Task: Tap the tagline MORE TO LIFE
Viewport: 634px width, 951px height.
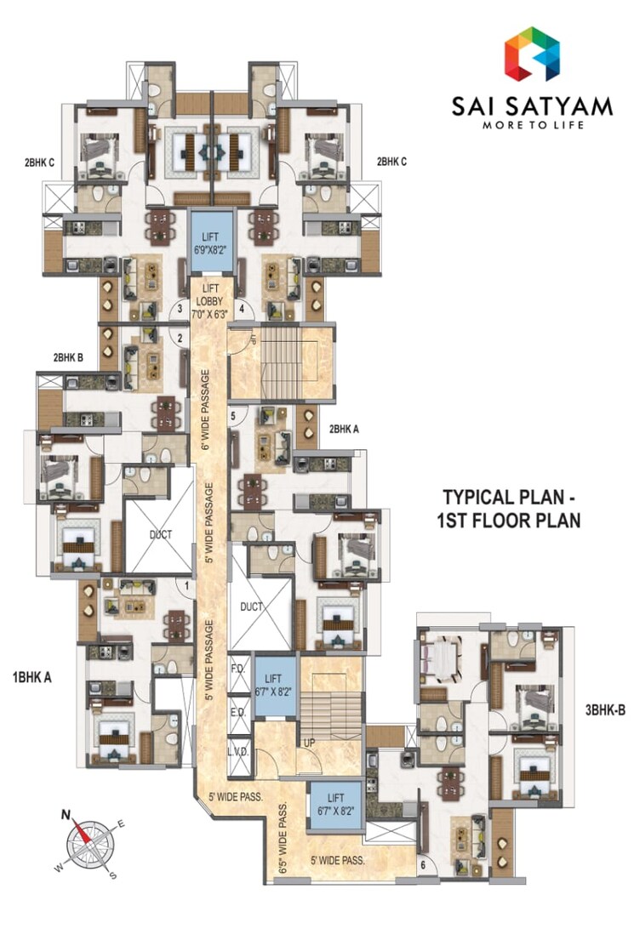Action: click(x=533, y=125)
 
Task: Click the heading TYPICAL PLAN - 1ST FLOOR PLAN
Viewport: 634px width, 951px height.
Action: click(x=511, y=508)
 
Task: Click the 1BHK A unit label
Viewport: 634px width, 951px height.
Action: click(x=32, y=678)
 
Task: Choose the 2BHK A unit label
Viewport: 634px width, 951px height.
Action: click(x=344, y=430)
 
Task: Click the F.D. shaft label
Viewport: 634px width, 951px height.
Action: click(x=237, y=669)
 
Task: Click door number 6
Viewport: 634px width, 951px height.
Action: click(x=423, y=866)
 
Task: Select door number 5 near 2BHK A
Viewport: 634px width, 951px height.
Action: click(x=233, y=416)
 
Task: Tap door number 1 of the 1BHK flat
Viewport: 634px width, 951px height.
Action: click(x=186, y=584)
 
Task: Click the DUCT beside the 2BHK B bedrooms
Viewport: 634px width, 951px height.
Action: click(x=159, y=534)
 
